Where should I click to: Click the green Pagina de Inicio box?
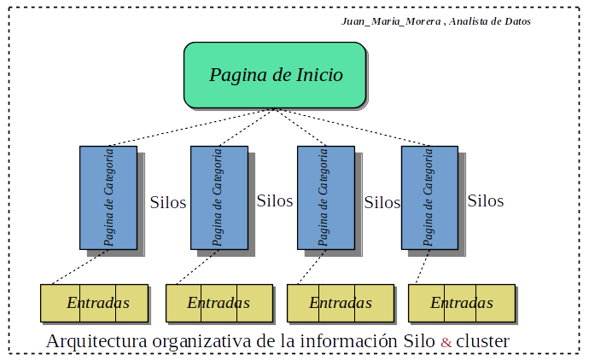276,75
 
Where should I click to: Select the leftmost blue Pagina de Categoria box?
108,197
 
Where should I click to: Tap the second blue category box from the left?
219,197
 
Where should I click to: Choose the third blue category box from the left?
325,197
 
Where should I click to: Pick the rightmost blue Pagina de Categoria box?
429,197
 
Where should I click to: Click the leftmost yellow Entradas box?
97,303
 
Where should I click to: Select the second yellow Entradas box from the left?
219,303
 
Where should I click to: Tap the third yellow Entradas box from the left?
340,303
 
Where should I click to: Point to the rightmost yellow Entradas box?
461,303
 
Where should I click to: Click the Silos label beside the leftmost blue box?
167,204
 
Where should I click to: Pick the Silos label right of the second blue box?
275,201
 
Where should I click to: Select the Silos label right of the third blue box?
382,203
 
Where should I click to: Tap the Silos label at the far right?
485,201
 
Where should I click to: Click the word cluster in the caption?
482,341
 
